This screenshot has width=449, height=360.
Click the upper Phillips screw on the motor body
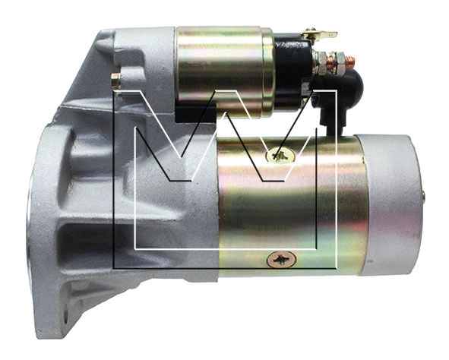coord(280,156)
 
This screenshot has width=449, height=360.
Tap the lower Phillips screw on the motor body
coord(280,259)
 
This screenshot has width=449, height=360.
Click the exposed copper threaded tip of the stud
coord(350,61)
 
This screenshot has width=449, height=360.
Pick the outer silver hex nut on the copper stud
coord(340,62)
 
